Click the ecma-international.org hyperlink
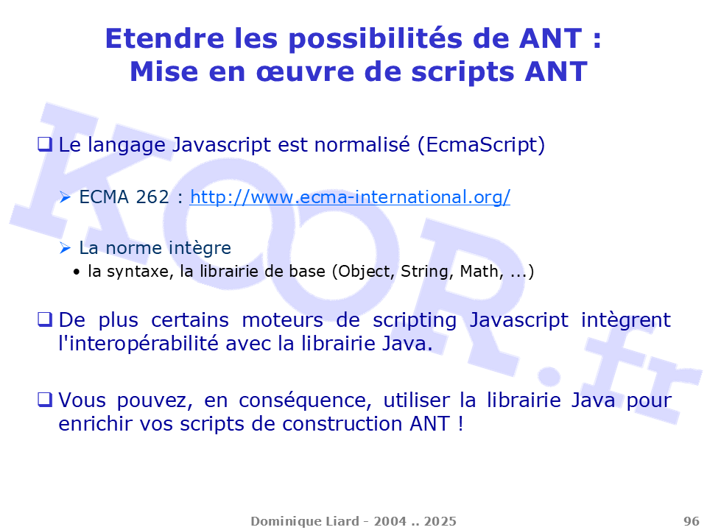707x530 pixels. coord(350,197)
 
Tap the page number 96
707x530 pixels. coord(692,521)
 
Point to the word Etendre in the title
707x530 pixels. coord(164,38)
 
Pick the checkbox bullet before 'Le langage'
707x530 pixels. coord(44,145)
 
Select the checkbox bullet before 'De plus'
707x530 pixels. coord(44,319)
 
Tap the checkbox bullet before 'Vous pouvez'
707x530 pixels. coord(44,400)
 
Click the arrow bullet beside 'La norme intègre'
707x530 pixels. coord(66,248)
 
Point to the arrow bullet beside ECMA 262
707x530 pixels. coord(66,197)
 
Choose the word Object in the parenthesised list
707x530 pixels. coord(365,272)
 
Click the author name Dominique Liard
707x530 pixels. coord(305,521)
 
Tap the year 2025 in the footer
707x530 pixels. coord(440,521)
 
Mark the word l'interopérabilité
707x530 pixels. coord(138,344)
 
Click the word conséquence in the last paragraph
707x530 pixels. coord(305,400)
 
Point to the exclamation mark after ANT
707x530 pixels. coord(460,424)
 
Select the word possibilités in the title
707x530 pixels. coord(376,40)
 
